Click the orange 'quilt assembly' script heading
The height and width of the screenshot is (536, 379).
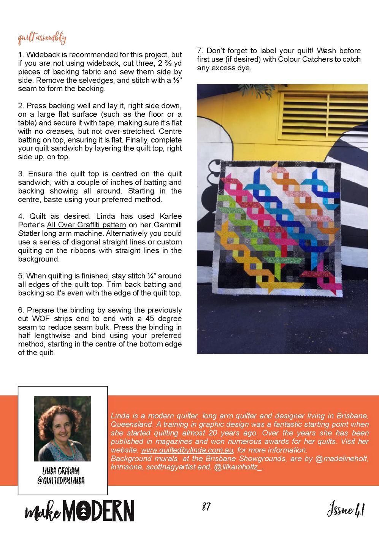42,38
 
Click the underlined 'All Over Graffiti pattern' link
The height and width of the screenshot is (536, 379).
86,225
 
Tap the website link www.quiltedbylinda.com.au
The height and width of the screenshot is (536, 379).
187,450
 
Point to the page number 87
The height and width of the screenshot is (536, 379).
206,507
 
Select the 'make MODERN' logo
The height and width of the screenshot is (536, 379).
79,511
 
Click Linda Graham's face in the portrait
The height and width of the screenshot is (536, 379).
62,427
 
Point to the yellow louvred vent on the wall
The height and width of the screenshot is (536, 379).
325,114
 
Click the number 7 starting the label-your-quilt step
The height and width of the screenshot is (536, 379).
199,51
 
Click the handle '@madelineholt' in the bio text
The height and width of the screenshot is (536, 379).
341,458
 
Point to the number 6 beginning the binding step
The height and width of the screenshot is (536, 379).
21,310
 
